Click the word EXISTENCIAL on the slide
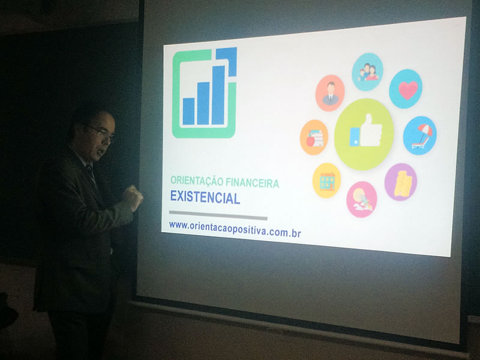point(205,197)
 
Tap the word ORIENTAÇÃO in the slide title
point(197,181)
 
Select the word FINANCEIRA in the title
point(253,183)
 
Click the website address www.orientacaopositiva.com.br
point(235,229)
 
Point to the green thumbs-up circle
point(364,134)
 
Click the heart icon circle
point(406,89)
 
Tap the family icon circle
point(367,72)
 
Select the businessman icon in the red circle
point(330,93)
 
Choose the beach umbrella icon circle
point(419,136)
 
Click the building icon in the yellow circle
point(326,181)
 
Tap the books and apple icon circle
point(314,137)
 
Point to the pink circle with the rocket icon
point(362,199)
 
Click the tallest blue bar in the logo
point(218,95)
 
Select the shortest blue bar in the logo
point(188,112)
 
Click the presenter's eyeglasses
point(101,133)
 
